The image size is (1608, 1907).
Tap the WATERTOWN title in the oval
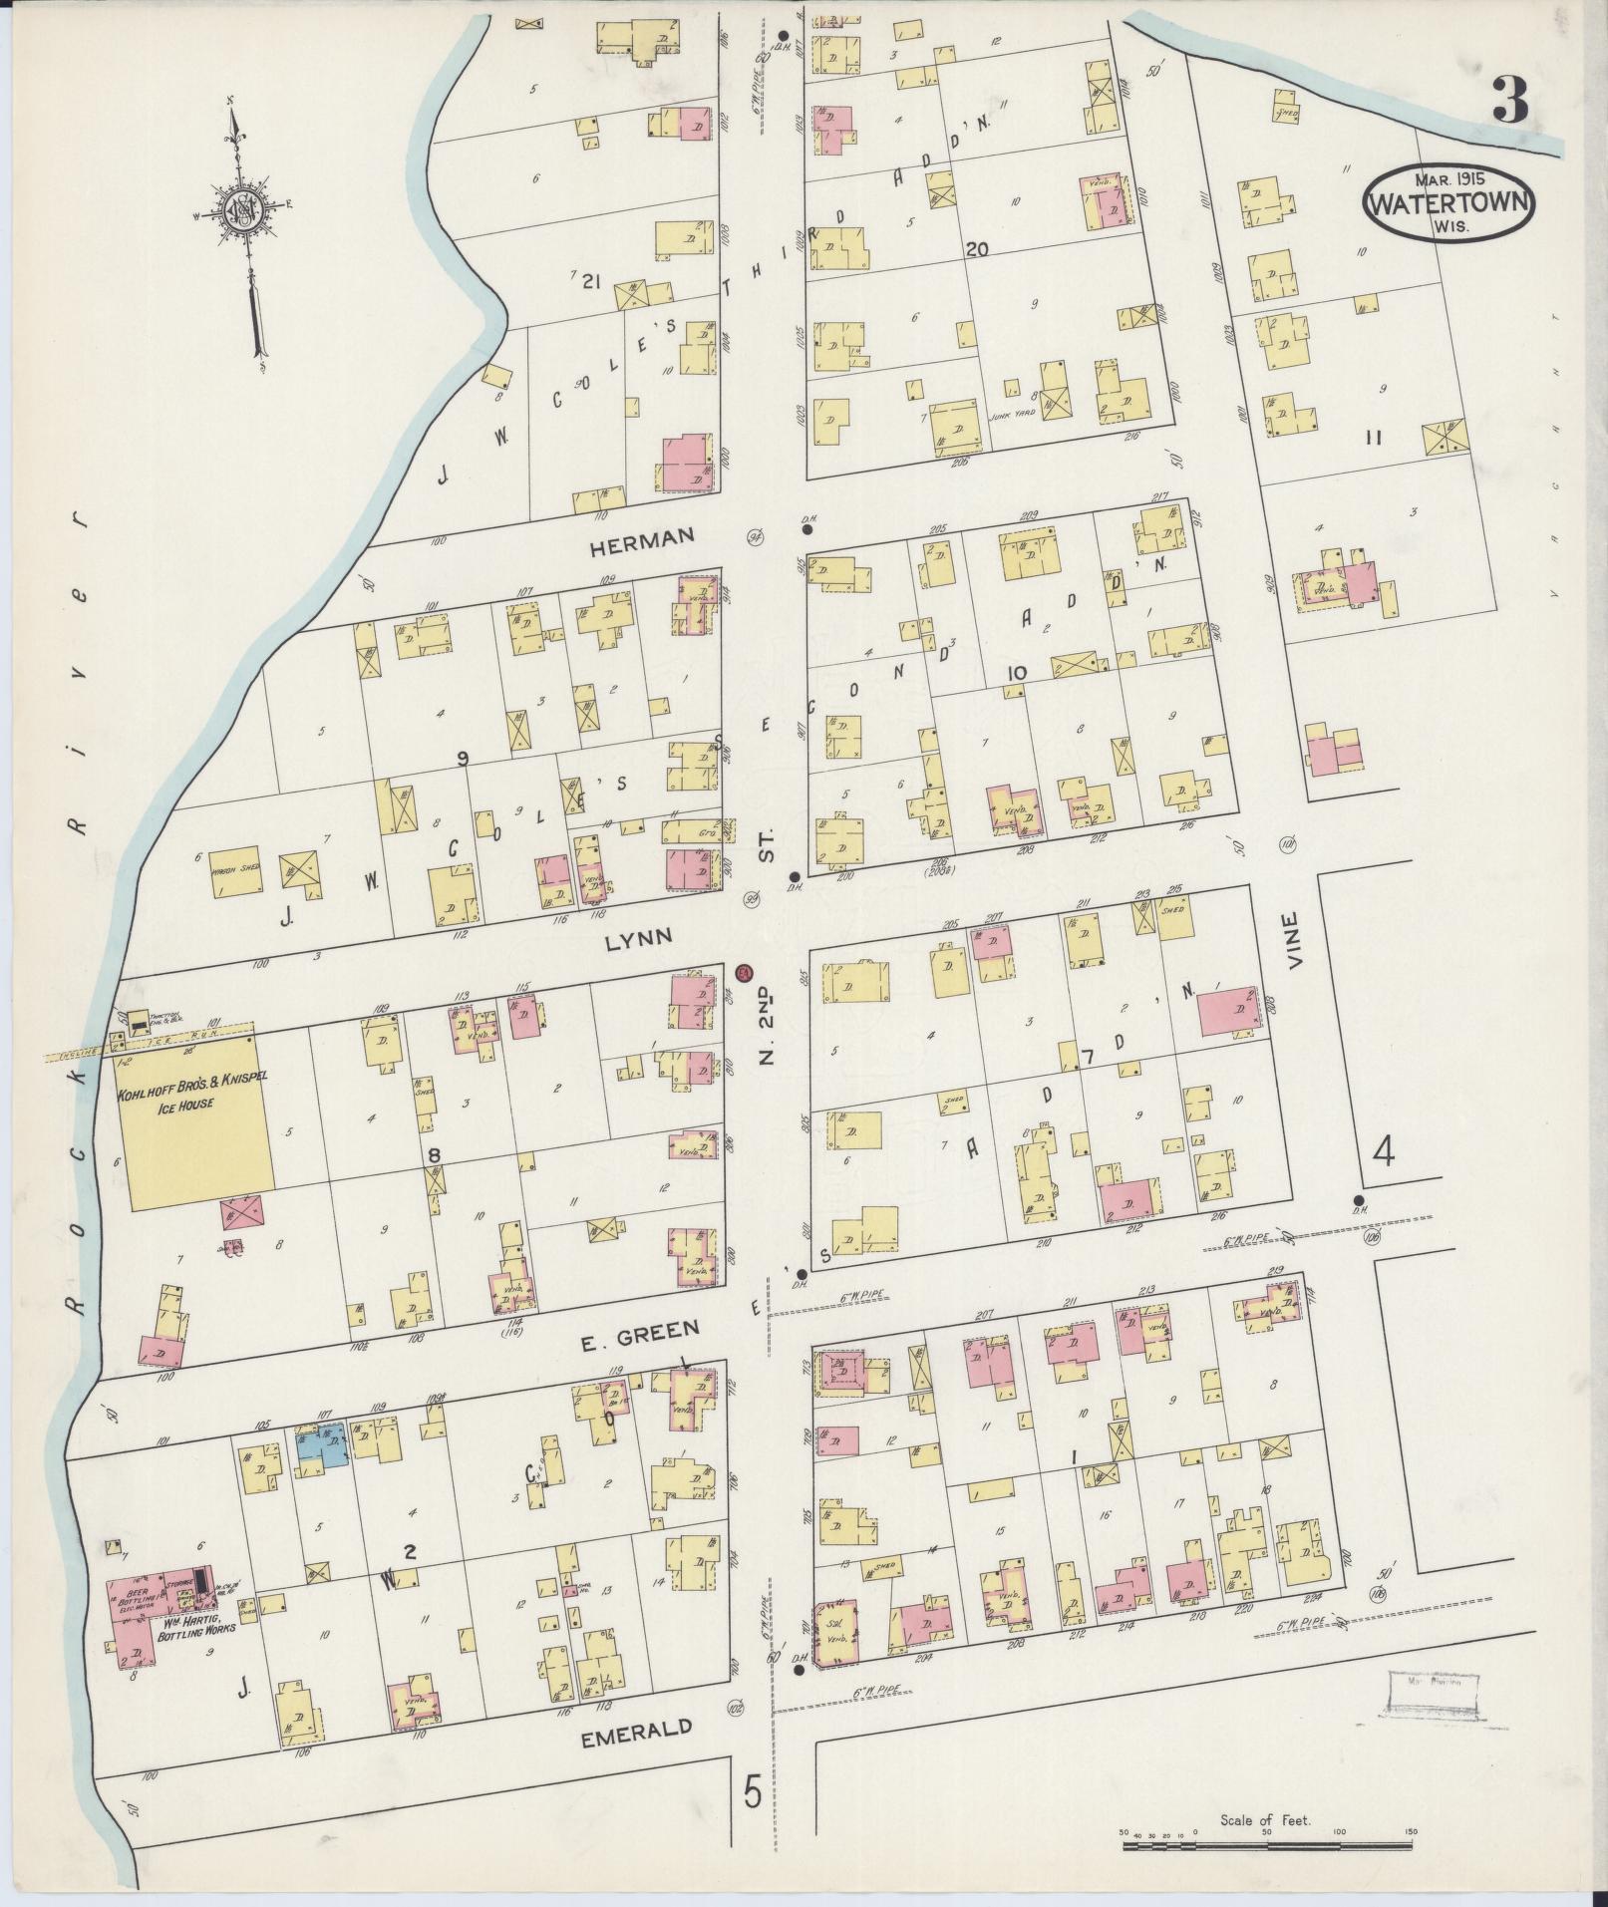[x=1449, y=202]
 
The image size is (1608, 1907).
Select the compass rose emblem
[x=242, y=209]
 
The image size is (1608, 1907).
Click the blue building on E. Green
[x=322, y=1444]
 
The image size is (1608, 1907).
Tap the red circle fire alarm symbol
[x=744, y=973]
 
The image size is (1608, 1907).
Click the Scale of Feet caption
[x=1266, y=1820]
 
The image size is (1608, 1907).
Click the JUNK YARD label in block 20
[x=1008, y=417]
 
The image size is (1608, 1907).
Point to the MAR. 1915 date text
[x=1449, y=179]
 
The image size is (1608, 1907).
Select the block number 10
[x=1016, y=674]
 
